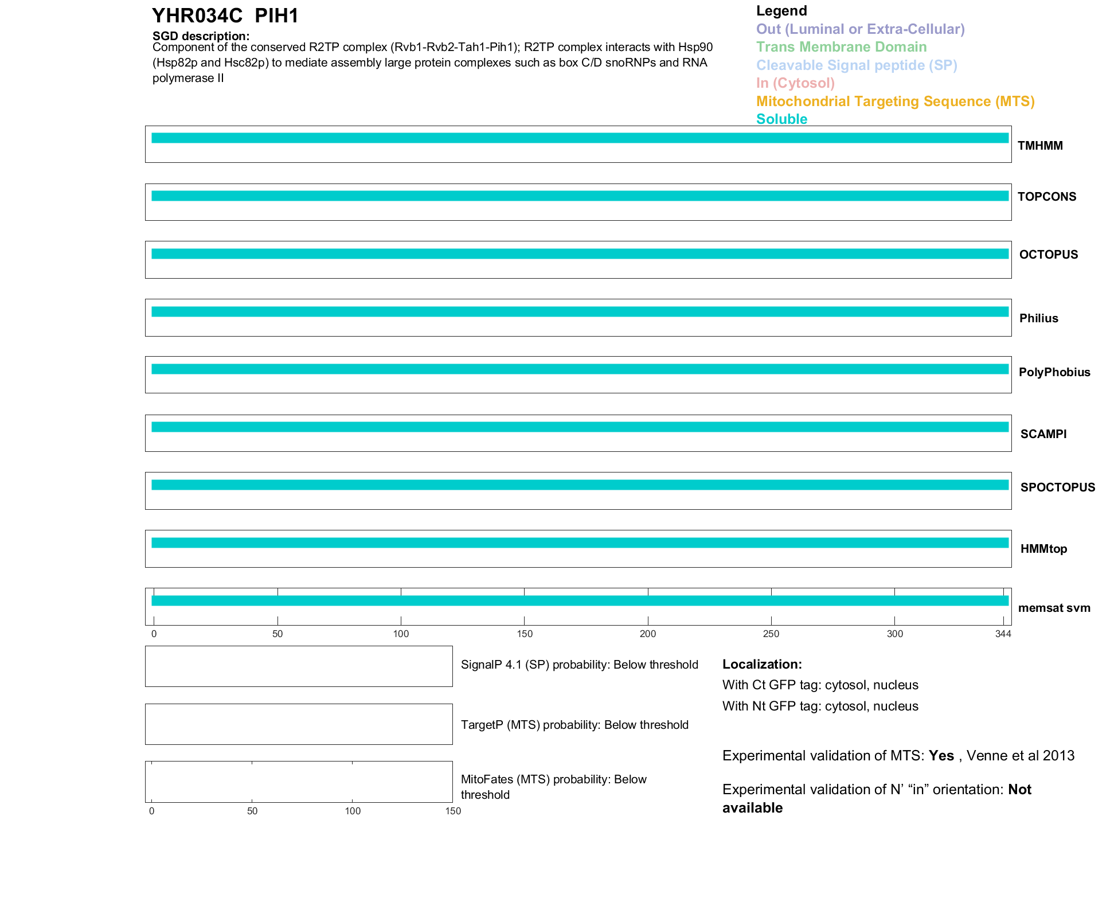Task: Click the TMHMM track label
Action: [1039, 146]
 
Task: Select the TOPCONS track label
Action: [1046, 197]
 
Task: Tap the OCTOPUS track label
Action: [1048, 255]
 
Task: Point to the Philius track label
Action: [1038, 318]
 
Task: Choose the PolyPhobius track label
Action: [1054, 372]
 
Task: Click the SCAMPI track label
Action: [1043, 434]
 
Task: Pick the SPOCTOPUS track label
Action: [1057, 487]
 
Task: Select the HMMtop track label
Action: [1043, 549]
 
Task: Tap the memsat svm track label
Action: [1054, 608]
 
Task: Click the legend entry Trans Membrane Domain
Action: [841, 47]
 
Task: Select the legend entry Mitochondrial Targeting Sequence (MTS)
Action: [895, 101]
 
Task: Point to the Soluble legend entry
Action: [781, 119]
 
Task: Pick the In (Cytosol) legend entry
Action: [795, 83]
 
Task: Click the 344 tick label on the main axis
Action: [1003, 634]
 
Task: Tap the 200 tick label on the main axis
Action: [648, 634]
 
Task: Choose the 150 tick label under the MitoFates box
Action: [453, 811]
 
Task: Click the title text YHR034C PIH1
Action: [225, 16]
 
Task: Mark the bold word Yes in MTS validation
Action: [941, 756]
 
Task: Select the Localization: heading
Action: [762, 665]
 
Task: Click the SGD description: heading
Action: [201, 36]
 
